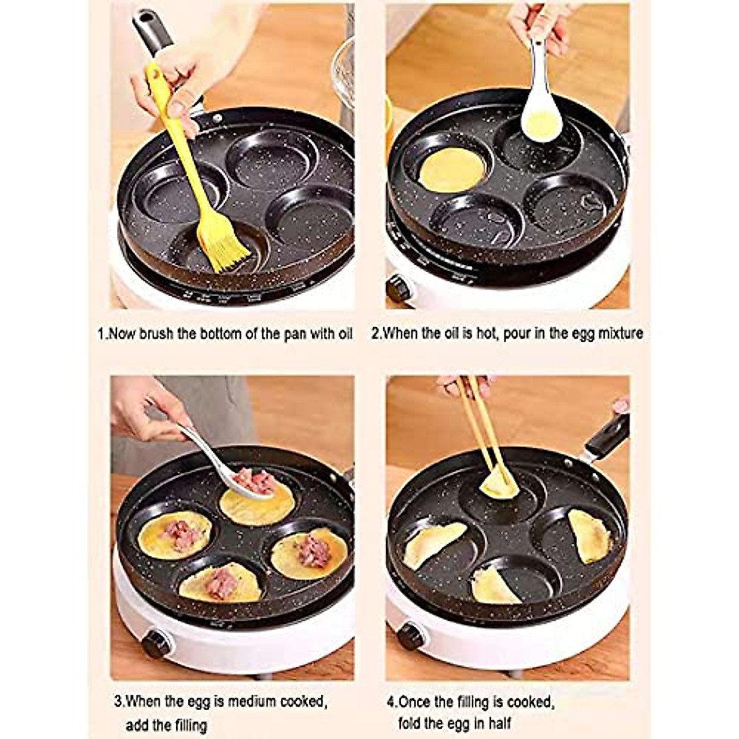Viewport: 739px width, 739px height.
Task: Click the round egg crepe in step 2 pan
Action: (x=451, y=169)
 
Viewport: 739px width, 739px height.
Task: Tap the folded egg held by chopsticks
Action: (x=499, y=484)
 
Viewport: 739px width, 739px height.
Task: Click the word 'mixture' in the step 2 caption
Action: (x=620, y=334)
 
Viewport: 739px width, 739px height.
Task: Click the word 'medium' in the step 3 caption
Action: (x=249, y=701)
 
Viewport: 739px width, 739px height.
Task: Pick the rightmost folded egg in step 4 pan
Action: (x=588, y=535)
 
